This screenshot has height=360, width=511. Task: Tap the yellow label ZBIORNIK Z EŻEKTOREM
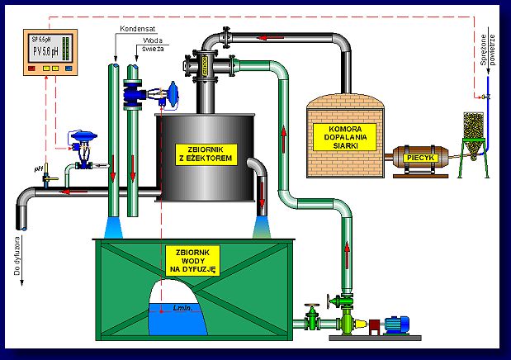point(207,153)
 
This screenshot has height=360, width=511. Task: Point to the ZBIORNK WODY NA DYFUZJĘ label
point(191,258)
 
